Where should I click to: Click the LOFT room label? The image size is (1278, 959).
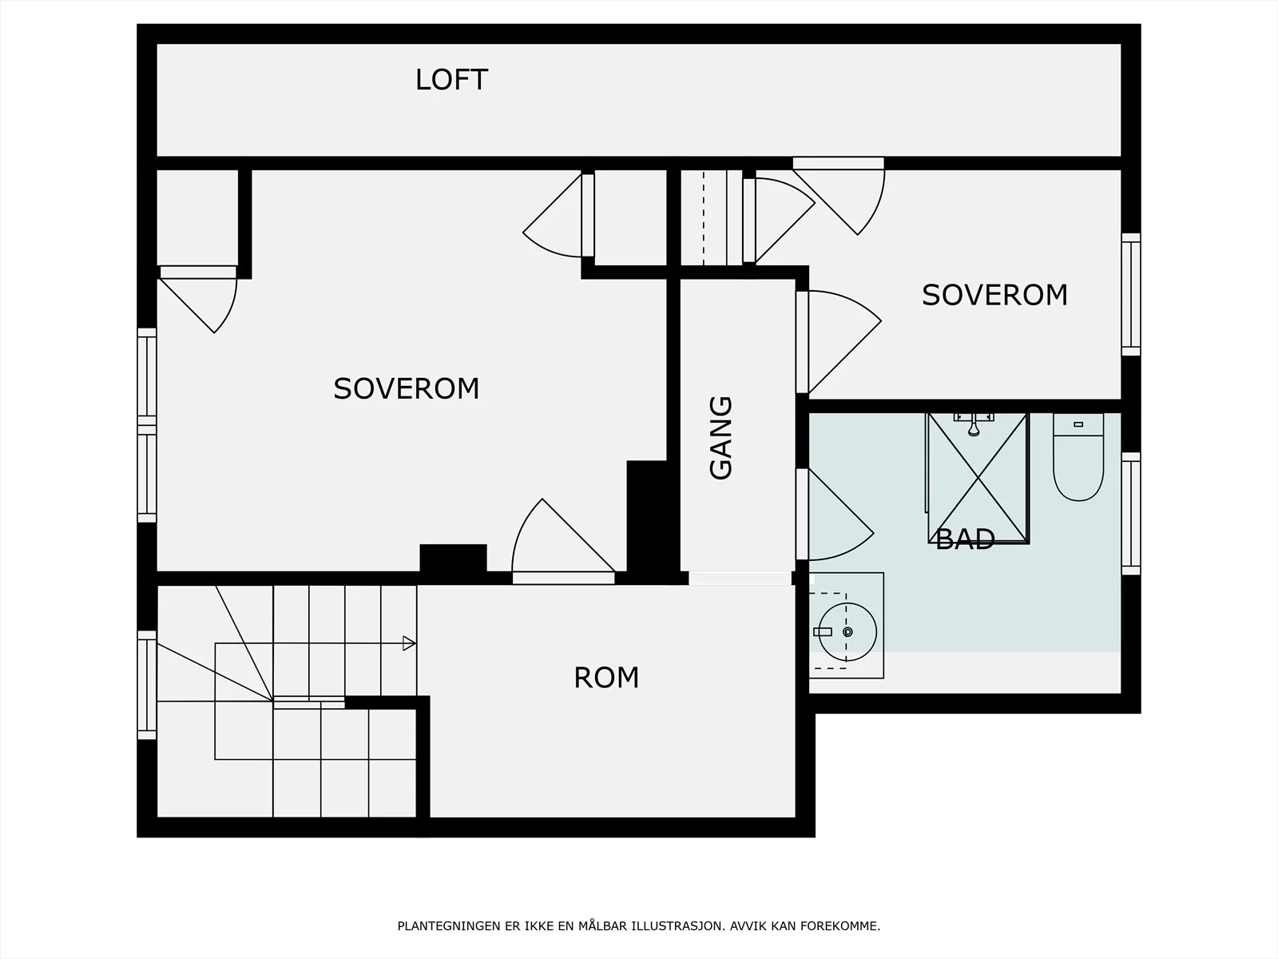(451, 80)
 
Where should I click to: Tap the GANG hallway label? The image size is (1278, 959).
(720, 438)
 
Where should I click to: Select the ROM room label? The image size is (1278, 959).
(606, 678)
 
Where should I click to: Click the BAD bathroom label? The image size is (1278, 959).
(965, 539)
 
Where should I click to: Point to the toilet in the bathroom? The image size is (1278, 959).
(1078, 458)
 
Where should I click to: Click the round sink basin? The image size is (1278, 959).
(847, 632)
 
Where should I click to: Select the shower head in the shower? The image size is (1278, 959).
(973, 424)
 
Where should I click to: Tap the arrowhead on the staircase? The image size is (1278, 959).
(409, 643)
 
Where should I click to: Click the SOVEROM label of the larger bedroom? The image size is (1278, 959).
(406, 389)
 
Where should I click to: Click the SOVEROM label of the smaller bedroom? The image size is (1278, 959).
(994, 295)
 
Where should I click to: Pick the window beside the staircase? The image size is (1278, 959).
(147, 686)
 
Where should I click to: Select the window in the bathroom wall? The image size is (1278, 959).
(1131, 514)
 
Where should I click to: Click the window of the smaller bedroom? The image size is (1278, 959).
(1131, 294)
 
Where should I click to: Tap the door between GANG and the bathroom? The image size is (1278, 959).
(835, 515)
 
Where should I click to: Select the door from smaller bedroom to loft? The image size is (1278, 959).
(839, 196)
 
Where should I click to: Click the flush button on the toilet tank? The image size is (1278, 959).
(1078, 424)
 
